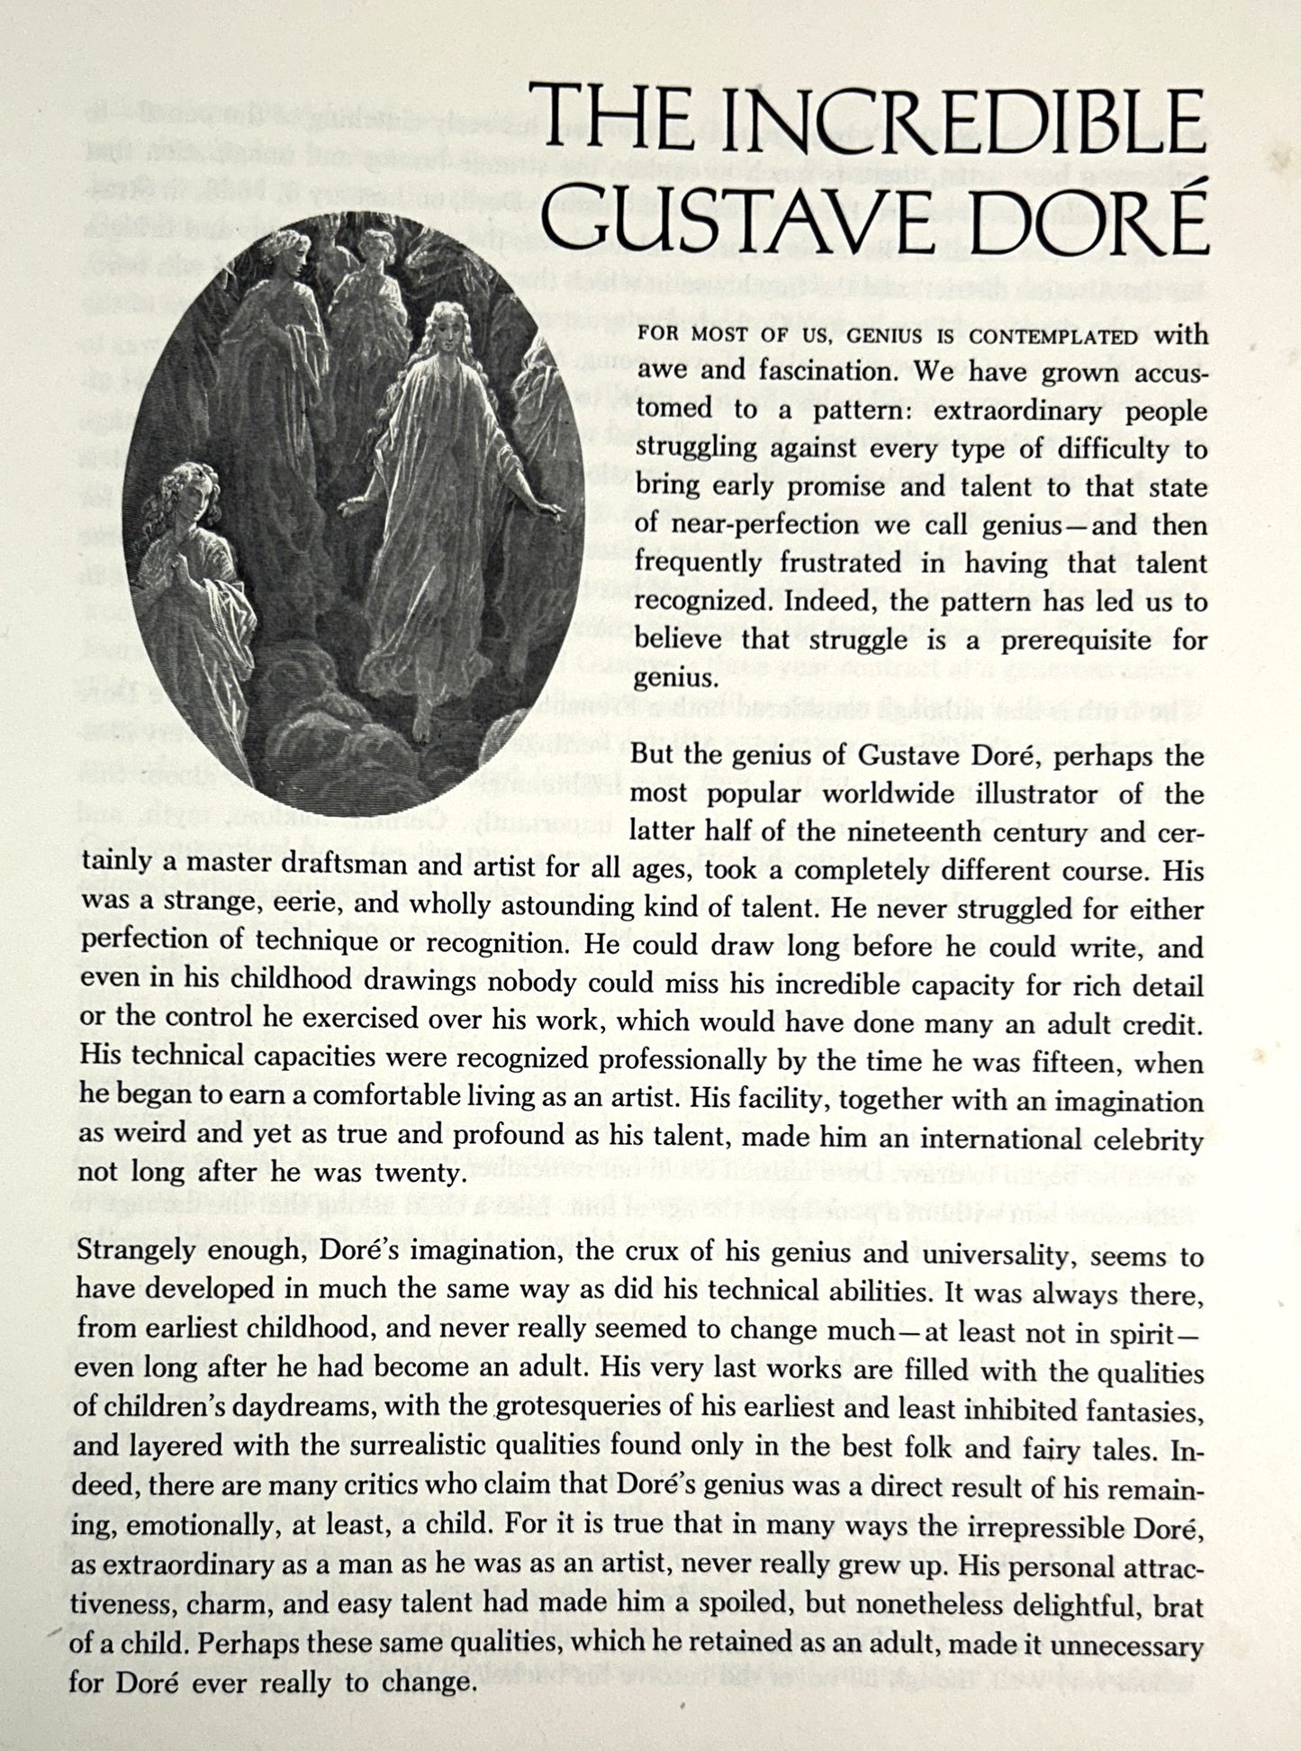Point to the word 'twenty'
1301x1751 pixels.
[418, 1173]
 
